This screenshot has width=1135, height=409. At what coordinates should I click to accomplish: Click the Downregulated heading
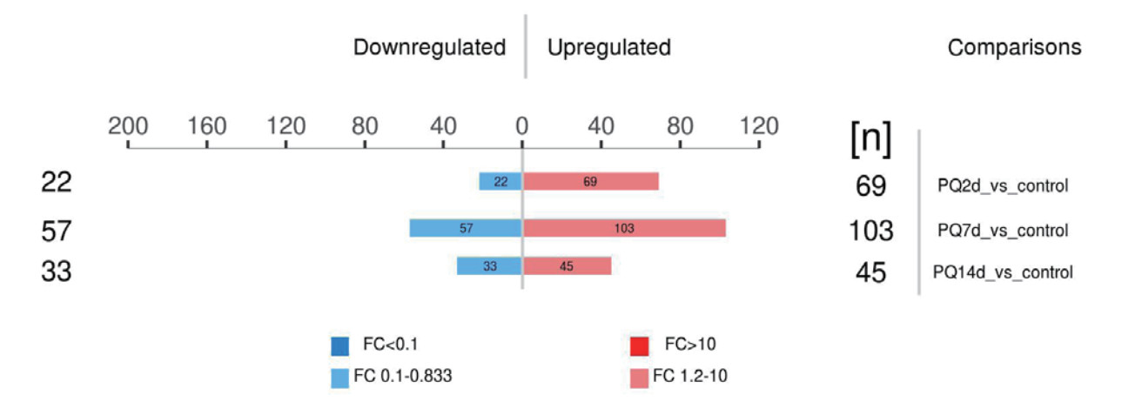point(429,48)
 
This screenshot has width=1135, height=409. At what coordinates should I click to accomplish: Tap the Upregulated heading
point(608,48)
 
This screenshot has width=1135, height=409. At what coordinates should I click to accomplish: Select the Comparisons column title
point(1014,48)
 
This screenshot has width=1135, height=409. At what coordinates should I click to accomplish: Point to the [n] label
point(870,141)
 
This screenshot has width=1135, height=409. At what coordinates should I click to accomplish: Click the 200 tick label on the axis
point(127,126)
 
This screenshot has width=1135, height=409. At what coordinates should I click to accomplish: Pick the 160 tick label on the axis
point(206,126)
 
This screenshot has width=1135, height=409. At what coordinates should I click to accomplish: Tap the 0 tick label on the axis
point(521,126)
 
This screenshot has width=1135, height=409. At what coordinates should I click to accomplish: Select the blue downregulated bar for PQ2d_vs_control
point(500,181)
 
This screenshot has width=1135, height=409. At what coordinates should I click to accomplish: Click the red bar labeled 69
point(590,181)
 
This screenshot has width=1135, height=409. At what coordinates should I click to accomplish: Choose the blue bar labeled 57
point(466,228)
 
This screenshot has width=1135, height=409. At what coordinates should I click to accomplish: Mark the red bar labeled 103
point(623,228)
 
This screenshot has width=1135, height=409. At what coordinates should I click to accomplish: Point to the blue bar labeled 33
point(489,266)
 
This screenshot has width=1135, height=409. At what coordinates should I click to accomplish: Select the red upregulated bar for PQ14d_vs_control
point(567,266)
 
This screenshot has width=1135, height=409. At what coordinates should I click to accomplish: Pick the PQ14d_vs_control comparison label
point(1003,272)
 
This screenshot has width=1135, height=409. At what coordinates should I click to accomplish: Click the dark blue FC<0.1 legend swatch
point(339,346)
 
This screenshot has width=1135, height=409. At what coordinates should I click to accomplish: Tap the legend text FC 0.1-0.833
point(402,378)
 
